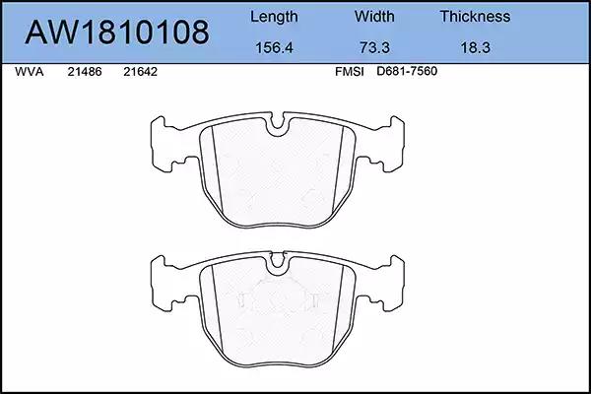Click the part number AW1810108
117,33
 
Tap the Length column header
274,17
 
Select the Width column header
374,16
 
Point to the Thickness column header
475,16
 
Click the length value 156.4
274,48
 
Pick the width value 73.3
374,48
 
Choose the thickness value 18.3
476,48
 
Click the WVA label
29,72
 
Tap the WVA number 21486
85,72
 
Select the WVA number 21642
140,72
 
